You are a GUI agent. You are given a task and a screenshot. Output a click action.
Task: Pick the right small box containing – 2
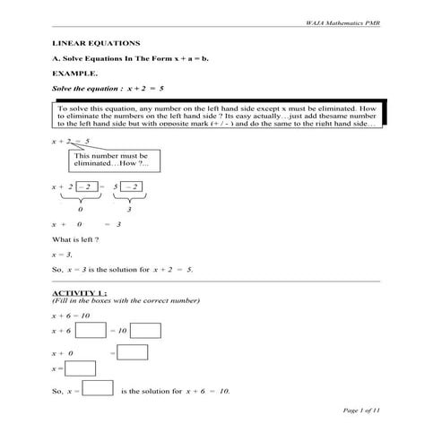[x=132, y=186]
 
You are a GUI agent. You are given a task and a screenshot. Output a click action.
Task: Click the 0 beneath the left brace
[x=80, y=207]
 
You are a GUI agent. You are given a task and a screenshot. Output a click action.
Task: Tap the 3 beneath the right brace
[x=130, y=207]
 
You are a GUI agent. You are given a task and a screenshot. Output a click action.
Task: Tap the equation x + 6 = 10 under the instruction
[x=71, y=316]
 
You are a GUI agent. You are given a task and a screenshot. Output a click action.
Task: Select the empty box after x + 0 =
[x=133, y=352]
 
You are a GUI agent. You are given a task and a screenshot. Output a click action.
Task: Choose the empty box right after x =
[x=81, y=368]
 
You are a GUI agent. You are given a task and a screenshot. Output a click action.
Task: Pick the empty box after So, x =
[x=98, y=388]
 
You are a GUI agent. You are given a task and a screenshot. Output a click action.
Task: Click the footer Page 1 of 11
[x=362, y=409]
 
